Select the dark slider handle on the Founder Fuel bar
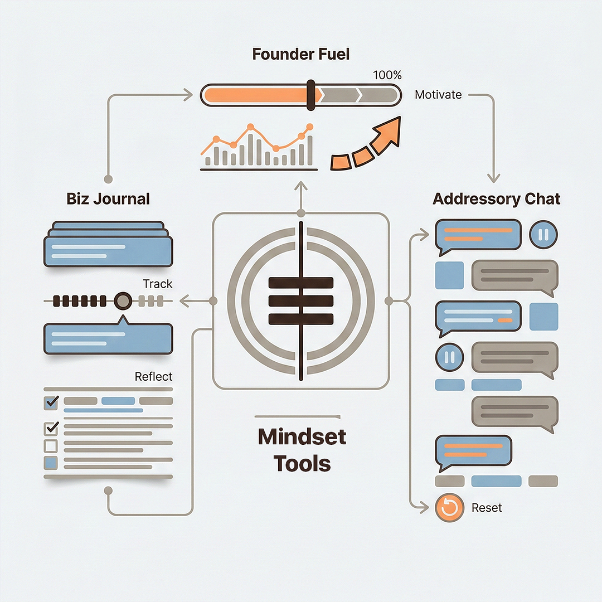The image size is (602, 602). [311, 94]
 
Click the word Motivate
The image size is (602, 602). [438, 95]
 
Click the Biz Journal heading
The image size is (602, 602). [108, 199]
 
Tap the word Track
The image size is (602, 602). [158, 284]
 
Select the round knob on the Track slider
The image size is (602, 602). [123, 302]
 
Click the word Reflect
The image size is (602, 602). [154, 377]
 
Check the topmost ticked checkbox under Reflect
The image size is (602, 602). [51, 401]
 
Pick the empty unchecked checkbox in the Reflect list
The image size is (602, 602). [51, 446]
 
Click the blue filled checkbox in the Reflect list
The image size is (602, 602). [51, 463]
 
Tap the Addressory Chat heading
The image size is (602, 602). [496, 199]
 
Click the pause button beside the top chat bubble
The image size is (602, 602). [543, 235]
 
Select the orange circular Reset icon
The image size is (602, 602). [449, 508]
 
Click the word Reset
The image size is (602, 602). [487, 508]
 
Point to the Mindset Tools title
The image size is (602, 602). [302, 449]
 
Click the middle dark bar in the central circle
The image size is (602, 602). [301, 301]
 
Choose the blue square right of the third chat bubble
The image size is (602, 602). [543, 316]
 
